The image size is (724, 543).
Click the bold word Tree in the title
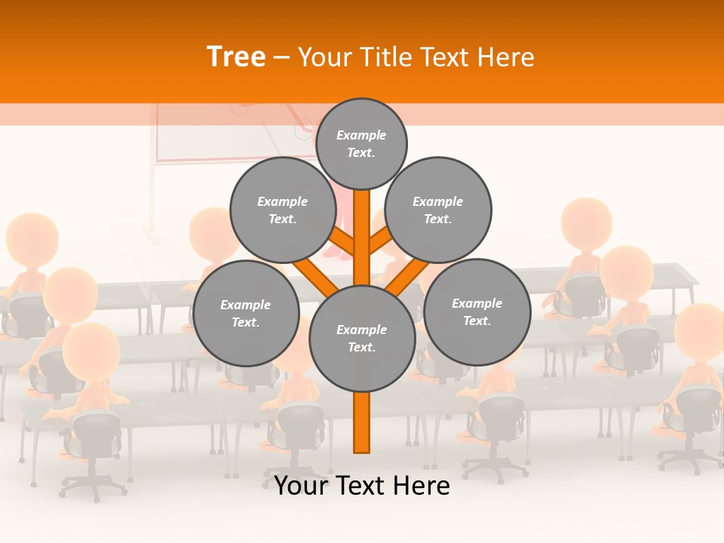coord(236,57)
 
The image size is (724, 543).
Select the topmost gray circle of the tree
coord(361,143)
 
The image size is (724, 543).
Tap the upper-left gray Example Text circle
coord(283,210)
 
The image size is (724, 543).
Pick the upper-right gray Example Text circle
coord(438,210)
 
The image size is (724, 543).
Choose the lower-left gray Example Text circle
coord(246,313)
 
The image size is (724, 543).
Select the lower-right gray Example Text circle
coord(477,311)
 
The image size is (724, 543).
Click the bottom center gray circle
coord(362,339)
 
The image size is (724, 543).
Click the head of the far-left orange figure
coord(32,238)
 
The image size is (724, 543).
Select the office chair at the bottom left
coord(94,445)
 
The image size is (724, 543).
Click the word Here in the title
coord(507,57)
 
